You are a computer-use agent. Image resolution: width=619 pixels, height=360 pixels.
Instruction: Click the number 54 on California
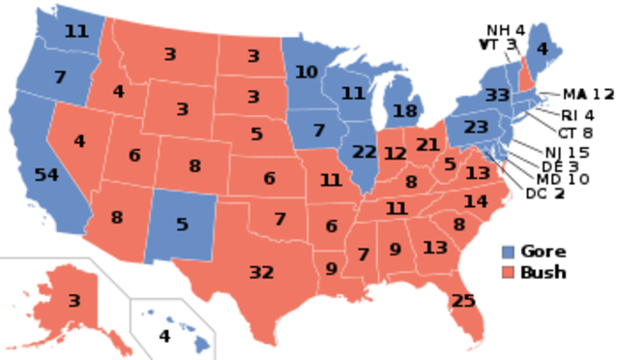pos(45,175)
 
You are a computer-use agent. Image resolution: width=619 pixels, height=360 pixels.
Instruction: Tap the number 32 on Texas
pos(261,272)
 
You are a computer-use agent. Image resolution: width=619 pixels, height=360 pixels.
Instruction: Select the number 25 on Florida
pos(463,301)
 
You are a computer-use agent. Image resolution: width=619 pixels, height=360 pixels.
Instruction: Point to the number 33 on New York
pos(497,95)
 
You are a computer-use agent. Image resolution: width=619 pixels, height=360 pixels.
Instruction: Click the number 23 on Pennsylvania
pos(476,127)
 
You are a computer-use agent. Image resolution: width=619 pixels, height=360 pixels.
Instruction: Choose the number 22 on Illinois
pos(365,152)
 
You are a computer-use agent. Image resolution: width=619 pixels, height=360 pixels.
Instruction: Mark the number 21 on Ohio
pos(427,145)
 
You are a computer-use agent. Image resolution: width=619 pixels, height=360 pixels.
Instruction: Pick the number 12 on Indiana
pos(395,154)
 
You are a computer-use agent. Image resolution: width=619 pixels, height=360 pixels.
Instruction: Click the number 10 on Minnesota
pos(306,72)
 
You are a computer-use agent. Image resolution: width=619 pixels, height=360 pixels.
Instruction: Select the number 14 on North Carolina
pos(475,201)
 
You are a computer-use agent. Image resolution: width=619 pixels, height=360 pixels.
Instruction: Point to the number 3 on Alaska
pos(74,301)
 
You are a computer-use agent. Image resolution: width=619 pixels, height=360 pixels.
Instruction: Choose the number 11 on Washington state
pos(75,31)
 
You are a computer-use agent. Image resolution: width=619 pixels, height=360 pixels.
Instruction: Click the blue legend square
pos(508,253)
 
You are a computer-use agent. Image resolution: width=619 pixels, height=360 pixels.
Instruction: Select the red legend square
pos(508,272)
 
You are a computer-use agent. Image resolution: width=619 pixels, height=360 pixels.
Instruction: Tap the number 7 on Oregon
pos(60,76)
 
